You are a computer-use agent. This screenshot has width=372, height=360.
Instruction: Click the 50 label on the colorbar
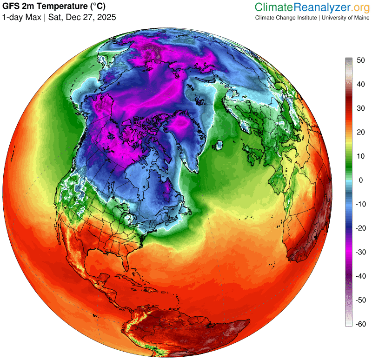coord(360,60)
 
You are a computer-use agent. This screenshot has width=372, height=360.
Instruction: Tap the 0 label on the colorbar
coord(359,180)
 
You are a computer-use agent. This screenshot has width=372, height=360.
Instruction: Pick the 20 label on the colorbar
coord(360,132)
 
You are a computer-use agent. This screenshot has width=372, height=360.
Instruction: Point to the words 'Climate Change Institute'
coord(285,18)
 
